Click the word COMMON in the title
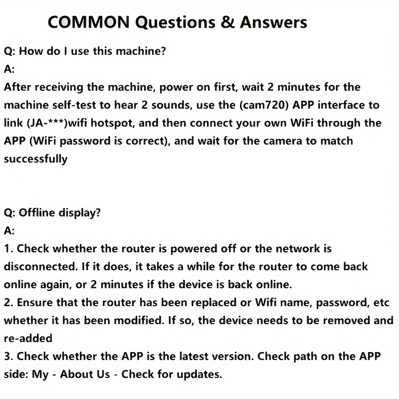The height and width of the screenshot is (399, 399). click(x=89, y=22)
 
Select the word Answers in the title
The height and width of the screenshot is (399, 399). click(x=273, y=22)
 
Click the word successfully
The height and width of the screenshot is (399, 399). click(x=35, y=159)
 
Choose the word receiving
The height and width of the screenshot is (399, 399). click(x=59, y=87)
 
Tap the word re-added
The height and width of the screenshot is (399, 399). click(x=28, y=339)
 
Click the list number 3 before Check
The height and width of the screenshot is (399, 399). click(x=7, y=357)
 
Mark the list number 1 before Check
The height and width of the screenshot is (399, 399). click(x=6, y=249)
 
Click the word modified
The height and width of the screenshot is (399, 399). click(x=139, y=321)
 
